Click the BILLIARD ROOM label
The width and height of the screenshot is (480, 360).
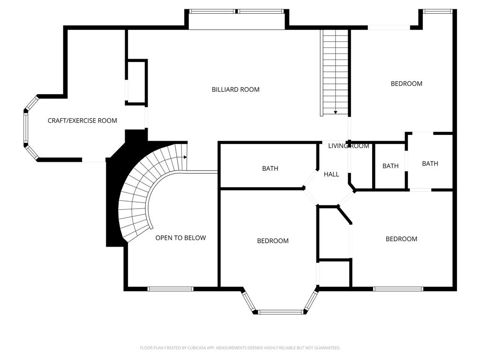point(235,90)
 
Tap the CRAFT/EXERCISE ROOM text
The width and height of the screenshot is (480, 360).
point(82,120)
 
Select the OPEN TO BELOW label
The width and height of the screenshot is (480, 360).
point(180,238)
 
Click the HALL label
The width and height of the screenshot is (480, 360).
point(331,174)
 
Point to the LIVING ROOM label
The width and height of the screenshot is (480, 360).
point(349,146)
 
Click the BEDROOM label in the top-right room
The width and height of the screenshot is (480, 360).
point(406,83)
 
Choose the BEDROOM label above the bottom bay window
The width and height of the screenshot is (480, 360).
point(273,241)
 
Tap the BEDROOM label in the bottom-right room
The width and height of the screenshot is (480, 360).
point(401,239)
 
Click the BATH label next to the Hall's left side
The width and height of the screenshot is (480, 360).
point(270,168)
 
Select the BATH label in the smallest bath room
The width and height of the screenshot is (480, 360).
point(390,166)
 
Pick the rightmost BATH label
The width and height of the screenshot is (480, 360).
point(430,164)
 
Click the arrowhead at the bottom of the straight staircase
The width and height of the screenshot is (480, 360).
point(336,112)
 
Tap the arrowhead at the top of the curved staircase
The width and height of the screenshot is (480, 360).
point(186,157)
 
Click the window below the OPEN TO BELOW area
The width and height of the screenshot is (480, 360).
point(171,289)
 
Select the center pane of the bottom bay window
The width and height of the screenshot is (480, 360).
point(281,312)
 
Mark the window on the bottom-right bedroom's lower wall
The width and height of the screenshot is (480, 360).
point(398,289)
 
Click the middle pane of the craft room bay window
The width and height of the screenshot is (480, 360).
point(26,128)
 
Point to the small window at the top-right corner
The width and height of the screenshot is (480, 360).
point(437,11)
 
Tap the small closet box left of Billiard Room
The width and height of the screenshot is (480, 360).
point(136,82)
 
